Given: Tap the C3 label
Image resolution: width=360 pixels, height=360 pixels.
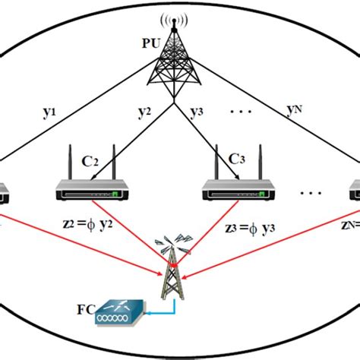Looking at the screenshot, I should pyautogui.click(x=235, y=161).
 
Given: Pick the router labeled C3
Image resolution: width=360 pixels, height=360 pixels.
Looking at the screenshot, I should pyautogui.click(x=235, y=190).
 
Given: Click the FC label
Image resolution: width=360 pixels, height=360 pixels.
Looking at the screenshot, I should pyautogui.click(x=84, y=310).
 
